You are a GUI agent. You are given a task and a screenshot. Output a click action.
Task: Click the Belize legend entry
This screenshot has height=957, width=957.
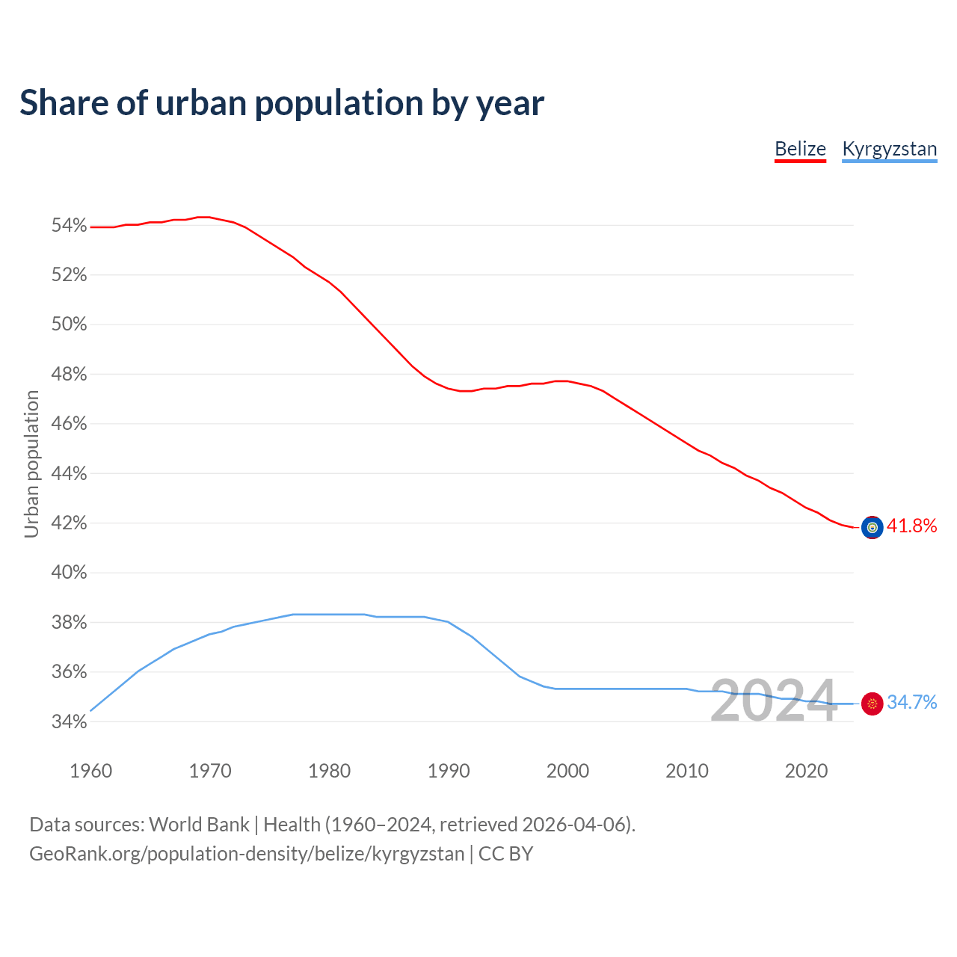(x=800, y=149)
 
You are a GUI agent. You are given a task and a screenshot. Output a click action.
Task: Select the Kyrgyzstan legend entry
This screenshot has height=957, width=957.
(x=889, y=149)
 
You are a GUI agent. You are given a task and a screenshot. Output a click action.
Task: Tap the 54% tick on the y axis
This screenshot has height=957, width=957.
(x=70, y=226)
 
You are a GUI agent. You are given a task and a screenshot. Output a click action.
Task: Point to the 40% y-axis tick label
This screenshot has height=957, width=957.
(x=70, y=573)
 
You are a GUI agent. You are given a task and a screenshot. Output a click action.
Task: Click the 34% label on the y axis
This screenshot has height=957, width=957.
(x=70, y=722)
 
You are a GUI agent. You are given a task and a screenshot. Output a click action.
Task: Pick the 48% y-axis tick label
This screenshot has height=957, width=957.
(x=70, y=375)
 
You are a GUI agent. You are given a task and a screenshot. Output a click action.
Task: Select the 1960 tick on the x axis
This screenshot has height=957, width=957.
(x=91, y=771)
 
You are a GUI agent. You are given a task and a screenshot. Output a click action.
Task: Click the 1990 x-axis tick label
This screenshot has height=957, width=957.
(x=449, y=771)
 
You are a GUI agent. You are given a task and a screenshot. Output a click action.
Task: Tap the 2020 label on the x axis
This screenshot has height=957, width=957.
(x=806, y=771)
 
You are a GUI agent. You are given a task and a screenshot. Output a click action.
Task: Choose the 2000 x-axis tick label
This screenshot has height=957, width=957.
(x=568, y=771)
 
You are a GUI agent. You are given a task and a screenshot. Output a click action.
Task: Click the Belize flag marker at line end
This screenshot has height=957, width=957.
(x=872, y=527)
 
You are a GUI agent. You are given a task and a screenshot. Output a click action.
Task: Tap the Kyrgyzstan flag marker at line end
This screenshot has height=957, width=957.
(x=872, y=704)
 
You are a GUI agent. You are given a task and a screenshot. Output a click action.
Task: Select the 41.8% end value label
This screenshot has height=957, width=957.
(x=911, y=526)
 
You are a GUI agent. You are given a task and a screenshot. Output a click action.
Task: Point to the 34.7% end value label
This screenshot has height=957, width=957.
(x=911, y=703)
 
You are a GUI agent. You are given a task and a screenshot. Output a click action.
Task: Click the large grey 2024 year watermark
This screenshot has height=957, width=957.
(x=773, y=701)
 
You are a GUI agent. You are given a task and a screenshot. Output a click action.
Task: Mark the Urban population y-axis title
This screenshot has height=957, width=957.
(x=31, y=464)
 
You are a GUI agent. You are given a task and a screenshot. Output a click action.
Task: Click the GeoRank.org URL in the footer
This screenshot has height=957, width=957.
(x=247, y=854)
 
